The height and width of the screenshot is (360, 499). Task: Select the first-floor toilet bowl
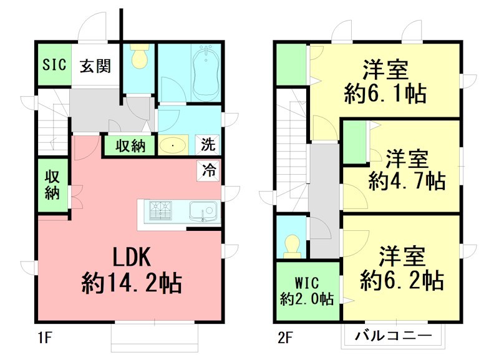click(138, 58)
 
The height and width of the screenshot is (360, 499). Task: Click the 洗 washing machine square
click(208, 145)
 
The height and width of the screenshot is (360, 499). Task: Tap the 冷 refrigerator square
click(209, 169)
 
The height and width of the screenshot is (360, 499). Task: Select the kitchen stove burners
click(159, 210)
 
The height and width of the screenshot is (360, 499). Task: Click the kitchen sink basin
click(201, 211)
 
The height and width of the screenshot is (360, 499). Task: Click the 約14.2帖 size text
click(131, 285)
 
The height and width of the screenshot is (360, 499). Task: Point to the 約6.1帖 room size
click(385, 94)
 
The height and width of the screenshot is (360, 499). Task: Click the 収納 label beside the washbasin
click(130, 145)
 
